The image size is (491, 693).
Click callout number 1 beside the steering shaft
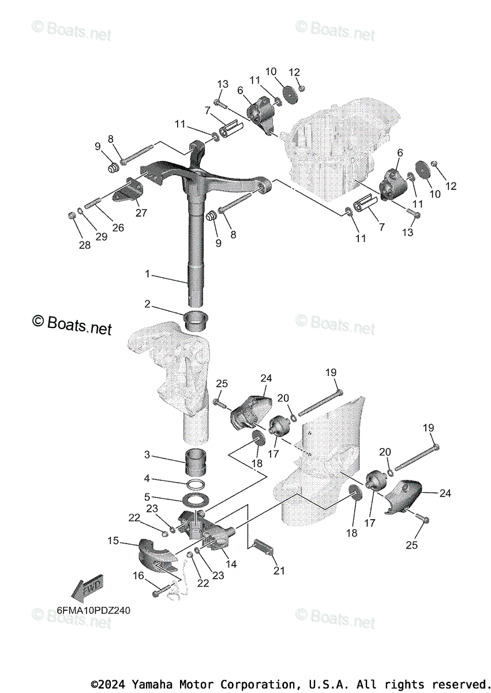point(147,274)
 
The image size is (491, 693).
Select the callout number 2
point(147,304)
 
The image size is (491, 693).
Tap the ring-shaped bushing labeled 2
point(196,319)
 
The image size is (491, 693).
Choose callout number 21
point(279,571)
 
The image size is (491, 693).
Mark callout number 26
point(118,228)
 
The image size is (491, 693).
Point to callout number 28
point(85,245)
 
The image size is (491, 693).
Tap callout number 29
point(102,237)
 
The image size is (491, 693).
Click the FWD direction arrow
point(87,587)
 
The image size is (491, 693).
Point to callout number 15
point(113,541)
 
